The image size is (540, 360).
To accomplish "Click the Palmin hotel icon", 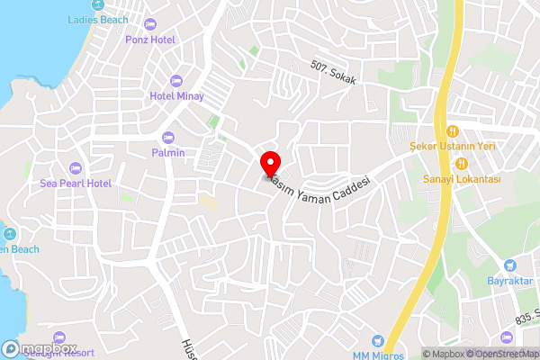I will [168, 137].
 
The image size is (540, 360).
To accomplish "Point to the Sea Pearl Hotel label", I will [76, 183].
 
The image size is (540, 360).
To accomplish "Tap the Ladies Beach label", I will [97, 18].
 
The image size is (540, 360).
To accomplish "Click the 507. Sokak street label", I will [334, 73].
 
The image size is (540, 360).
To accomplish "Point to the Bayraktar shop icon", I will [510, 265].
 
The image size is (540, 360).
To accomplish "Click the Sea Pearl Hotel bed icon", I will [76, 167].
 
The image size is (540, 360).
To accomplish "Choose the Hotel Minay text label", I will [176, 95].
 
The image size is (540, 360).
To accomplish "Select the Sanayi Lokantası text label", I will [462, 178].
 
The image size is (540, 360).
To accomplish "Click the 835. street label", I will [526, 316].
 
